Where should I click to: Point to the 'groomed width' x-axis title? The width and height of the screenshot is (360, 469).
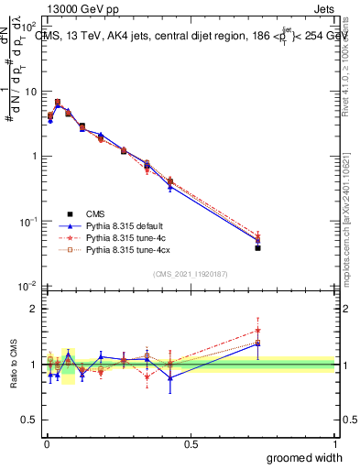coord(305,457)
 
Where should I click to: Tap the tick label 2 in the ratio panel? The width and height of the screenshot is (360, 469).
coord(33,309)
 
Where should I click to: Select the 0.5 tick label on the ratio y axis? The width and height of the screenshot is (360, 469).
coord(29,420)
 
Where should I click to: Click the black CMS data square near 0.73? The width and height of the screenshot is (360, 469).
coord(257,247)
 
